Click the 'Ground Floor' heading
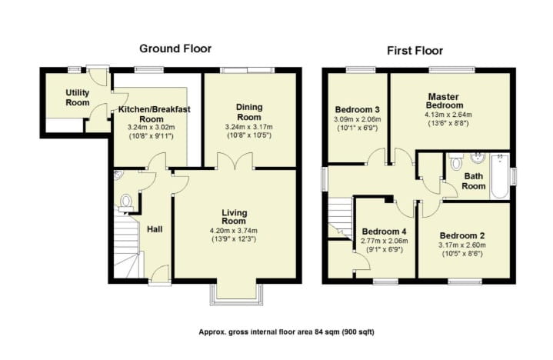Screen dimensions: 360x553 (x=175, y=48)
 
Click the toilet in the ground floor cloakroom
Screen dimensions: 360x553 (x=126, y=202)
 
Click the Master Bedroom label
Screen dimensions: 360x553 (x=445, y=100)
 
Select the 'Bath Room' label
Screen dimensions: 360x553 (x=474, y=181)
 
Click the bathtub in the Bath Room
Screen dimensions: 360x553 (x=500, y=177)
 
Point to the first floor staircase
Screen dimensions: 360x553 (x=336, y=217)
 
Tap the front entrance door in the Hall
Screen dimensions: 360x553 (x=159, y=275)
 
